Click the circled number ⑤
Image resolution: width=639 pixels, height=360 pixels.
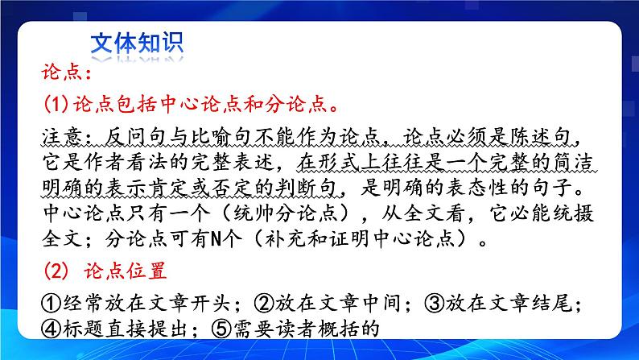point(223,329)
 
